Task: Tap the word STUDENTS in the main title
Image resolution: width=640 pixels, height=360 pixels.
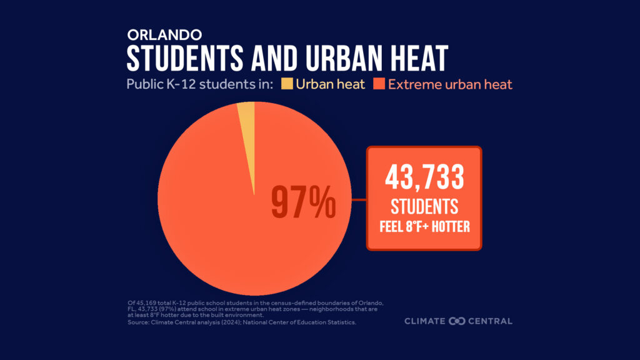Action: coord(185,59)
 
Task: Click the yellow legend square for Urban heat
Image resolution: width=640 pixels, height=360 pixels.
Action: coord(287,84)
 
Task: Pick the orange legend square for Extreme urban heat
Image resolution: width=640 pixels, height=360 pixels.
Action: coord(379,84)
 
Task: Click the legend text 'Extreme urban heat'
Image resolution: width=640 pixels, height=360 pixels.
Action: coord(450,84)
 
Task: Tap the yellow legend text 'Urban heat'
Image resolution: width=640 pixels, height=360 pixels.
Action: coord(331,84)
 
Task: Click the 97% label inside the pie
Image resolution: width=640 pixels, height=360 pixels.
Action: coord(303,202)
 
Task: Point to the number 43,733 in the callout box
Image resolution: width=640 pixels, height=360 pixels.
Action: coord(424,178)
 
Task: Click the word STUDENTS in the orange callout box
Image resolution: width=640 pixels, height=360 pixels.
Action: coord(424,206)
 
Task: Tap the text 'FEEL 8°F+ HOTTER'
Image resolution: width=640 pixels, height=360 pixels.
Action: coord(424,225)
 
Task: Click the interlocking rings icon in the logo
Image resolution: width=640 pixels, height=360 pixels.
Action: coord(456,321)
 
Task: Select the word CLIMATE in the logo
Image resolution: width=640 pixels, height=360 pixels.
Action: coord(425,321)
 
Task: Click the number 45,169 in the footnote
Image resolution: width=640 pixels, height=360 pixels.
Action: coord(144,302)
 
